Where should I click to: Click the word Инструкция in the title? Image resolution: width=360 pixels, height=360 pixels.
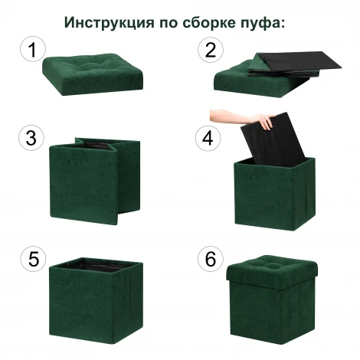(x=107, y=21)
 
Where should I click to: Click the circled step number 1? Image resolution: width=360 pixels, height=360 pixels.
(x=31, y=51)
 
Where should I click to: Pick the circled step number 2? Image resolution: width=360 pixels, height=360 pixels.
(x=208, y=51)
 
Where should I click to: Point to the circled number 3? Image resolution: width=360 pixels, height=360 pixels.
(x=31, y=138)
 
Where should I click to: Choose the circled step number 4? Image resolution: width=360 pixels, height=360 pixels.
(x=208, y=138)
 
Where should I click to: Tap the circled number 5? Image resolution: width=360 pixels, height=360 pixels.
(x=31, y=258)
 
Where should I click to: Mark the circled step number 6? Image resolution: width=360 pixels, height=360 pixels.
(x=208, y=258)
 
